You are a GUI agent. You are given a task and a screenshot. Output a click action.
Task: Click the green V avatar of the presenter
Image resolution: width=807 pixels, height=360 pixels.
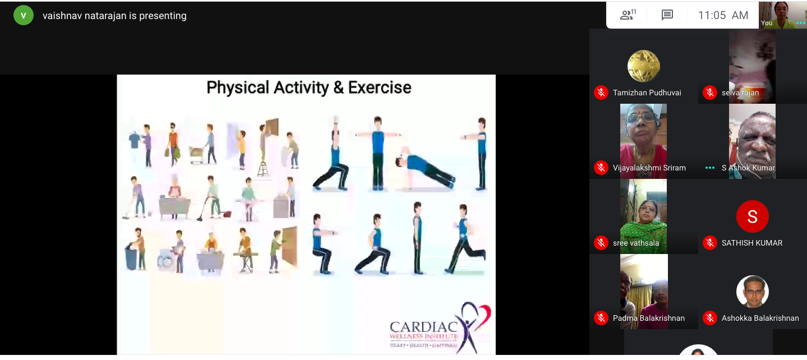point(23,16)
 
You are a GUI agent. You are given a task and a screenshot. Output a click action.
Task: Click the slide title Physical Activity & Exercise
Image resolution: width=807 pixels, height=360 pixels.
point(309,87)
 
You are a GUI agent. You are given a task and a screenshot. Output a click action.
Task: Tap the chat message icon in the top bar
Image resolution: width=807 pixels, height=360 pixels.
point(667,15)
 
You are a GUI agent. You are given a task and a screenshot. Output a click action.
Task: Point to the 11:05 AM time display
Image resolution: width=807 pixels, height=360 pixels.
point(723,16)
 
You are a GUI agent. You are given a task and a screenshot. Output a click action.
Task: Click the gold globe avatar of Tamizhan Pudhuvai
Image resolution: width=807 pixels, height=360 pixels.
point(643,66)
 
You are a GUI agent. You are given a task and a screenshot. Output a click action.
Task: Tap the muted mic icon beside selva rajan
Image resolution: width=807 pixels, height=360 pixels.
point(709,93)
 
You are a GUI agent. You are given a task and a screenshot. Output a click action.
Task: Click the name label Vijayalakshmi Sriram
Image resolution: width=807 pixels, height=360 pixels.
point(649,168)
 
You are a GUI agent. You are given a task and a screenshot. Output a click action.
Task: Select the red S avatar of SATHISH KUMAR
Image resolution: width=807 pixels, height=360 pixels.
point(752,216)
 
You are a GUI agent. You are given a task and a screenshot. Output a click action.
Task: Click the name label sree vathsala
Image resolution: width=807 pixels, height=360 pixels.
point(636,243)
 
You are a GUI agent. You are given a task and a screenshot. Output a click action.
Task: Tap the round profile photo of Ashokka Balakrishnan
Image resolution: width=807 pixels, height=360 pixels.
point(752,292)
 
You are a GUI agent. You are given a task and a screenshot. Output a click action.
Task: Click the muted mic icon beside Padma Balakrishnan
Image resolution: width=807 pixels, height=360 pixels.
point(601,318)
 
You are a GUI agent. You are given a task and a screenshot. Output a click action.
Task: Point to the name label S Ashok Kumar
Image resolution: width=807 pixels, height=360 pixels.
point(748,168)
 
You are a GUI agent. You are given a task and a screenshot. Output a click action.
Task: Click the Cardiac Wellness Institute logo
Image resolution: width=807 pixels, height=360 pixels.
point(440,328)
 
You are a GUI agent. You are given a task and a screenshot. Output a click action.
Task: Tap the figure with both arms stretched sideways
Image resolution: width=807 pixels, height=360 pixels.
point(377,153)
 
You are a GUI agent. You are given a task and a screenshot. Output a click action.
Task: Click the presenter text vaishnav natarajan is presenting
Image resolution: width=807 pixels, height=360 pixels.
point(114,16)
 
